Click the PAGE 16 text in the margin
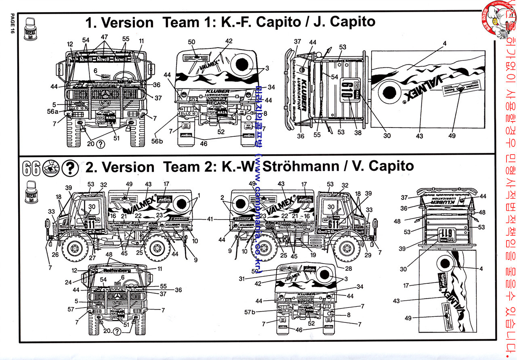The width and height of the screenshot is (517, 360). (12, 25)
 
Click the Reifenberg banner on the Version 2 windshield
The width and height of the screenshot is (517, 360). (117, 270)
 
